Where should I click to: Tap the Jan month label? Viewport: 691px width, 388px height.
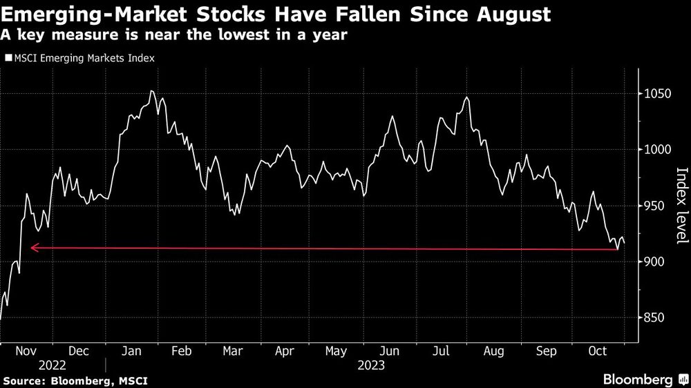tap(131, 351)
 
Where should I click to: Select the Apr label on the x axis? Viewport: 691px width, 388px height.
tap(284, 351)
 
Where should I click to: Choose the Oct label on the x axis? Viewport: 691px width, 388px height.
tap(596, 351)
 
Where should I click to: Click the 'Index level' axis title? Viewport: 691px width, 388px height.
tap(682, 205)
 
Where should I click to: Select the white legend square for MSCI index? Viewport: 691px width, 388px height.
tap(8, 59)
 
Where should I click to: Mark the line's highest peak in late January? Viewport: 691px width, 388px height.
tap(151, 91)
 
